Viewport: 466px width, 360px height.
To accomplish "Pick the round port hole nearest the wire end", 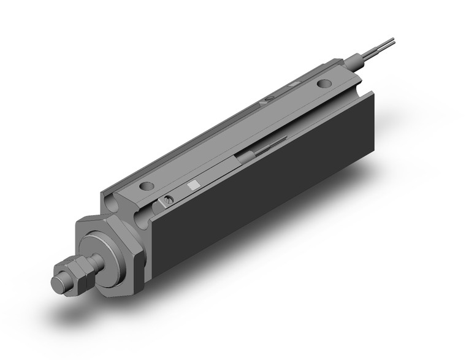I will pyautogui.click(x=323, y=83).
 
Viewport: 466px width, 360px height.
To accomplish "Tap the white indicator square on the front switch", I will pyautogui.click(x=194, y=185).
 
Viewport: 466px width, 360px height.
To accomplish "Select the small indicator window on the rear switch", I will pyautogui.click(x=295, y=83).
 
